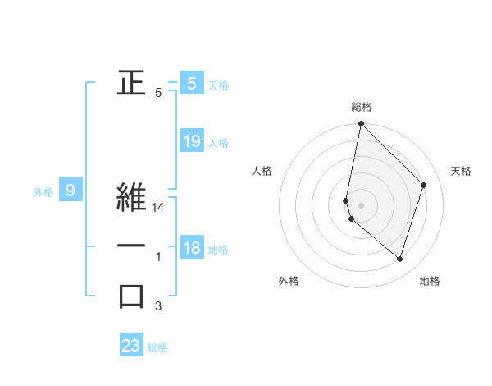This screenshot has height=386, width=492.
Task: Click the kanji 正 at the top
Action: [x=131, y=82]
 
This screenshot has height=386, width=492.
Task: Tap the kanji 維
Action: [x=131, y=197]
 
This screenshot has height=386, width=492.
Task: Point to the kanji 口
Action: [x=131, y=296]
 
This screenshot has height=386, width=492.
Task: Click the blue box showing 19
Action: [x=192, y=141]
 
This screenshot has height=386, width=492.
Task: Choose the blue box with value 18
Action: [x=192, y=249]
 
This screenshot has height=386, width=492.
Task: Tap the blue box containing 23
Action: [x=131, y=346]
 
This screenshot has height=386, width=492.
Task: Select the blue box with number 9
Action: [x=71, y=191]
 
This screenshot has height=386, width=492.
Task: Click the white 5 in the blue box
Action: [x=192, y=83]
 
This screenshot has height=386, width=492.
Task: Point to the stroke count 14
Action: [x=159, y=209]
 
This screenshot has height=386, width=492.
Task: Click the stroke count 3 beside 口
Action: [x=158, y=307]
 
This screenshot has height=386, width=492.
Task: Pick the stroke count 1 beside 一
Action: [x=158, y=258]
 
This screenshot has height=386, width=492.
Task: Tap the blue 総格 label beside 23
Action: [x=157, y=347]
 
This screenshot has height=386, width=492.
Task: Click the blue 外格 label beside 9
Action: [x=43, y=192]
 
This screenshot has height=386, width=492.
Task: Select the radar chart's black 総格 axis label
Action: [x=362, y=107]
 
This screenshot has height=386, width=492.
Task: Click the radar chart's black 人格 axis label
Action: [x=262, y=171]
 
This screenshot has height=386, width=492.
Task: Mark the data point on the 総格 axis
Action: [x=361, y=124]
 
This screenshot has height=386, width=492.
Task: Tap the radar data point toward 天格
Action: [x=424, y=185]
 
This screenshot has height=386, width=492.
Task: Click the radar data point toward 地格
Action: [x=400, y=260]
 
